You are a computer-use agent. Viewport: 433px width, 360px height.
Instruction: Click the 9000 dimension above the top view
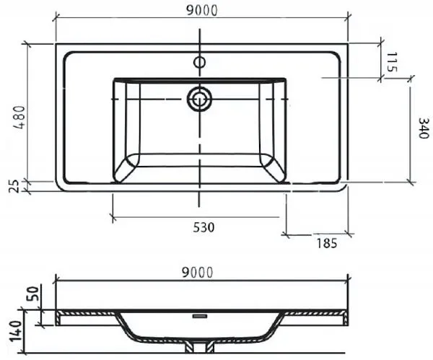pos(202,11)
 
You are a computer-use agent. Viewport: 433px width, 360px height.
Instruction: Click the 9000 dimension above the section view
pos(198,273)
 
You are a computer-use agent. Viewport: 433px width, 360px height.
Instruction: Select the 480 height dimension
pos(20,118)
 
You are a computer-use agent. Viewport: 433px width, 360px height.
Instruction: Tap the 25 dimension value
pos(14,186)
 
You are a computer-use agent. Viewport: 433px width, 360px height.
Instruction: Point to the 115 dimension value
pos(391,62)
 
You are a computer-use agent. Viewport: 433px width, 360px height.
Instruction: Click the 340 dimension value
pos(424,128)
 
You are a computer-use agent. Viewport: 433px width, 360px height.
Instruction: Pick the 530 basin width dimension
pos(204,227)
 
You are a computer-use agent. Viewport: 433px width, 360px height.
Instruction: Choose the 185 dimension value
pos(327,243)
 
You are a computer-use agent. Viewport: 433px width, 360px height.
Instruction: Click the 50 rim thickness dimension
pos(32,294)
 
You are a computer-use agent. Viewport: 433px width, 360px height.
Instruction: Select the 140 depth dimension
pos(16,331)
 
